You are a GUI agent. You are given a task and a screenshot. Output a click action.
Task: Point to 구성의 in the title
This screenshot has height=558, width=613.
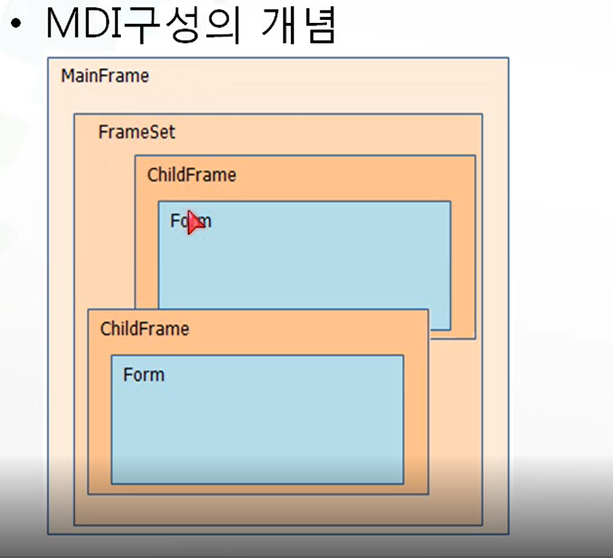(190, 25)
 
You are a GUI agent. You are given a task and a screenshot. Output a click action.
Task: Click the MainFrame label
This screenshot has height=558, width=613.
(105, 76)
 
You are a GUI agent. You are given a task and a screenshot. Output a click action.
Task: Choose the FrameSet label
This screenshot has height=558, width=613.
(137, 132)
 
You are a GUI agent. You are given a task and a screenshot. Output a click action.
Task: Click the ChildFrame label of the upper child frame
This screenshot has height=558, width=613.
(191, 175)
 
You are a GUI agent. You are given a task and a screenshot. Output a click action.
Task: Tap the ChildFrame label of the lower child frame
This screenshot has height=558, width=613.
(144, 329)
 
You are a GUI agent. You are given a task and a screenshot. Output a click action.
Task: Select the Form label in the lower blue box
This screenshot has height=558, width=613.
(144, 375)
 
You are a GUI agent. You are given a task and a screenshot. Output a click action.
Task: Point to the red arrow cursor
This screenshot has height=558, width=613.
(196, 222)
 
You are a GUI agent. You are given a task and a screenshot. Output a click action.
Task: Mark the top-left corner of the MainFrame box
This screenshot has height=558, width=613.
(48, 58)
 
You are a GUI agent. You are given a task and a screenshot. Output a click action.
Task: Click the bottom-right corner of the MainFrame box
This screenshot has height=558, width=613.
(508, 534)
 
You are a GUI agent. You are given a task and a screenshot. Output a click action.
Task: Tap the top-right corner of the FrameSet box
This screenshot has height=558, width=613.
(482, 114)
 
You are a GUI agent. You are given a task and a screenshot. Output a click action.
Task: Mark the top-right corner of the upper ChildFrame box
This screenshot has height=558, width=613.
(475, 156)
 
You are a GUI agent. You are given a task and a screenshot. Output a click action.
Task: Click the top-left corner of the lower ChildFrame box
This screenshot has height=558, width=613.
(88, 309)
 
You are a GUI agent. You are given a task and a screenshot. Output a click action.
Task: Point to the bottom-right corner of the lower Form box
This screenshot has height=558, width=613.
(403, 483)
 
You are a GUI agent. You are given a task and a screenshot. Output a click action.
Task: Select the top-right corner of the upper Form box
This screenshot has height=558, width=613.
(450, 202)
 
